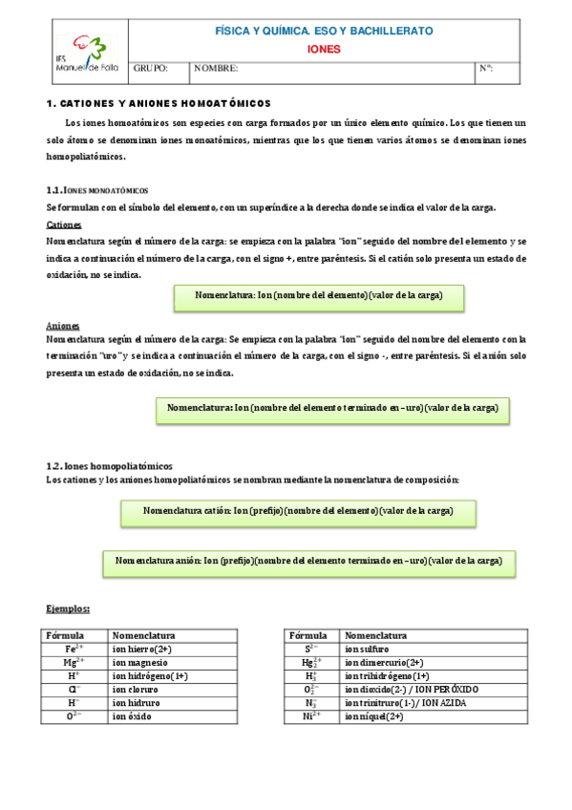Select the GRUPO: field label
click(x=151, y=69)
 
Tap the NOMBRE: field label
click(x=216, y=69)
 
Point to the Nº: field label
click(x=485, y=69)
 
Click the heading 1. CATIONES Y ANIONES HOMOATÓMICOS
click(x=159, y=102)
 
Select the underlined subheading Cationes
click(x=64, y=224)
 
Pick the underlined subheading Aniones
click(x=62, y=325)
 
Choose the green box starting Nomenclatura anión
click(x=308, y=561)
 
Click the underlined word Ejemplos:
click(x=69, y=607)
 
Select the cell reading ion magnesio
click(x=140, y=662)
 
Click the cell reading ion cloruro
click(x=136, y=689)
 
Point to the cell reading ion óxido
click(x=132, y=715)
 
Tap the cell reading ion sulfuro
click(x=368, y=649)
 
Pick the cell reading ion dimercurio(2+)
click(x=384, y=662)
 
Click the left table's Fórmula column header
click(x=65, y=635)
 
